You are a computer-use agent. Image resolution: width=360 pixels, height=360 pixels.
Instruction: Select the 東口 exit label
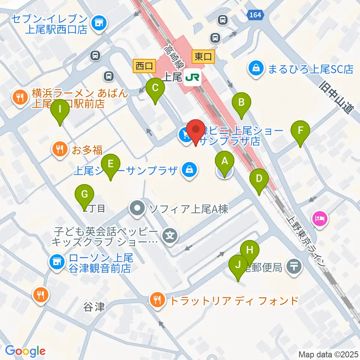pyautogui.click(x=203, y=57)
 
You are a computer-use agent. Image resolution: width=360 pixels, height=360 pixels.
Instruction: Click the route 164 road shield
pyautogui.click(x=256, y=15)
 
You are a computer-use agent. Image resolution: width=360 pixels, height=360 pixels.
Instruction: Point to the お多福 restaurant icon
pyautogui.click(x=60, y=150)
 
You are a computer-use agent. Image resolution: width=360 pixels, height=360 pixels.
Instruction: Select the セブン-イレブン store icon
pyautogui.click(x=99, y=23)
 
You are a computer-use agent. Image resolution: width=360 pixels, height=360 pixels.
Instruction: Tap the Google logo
pyautogui.click(x=25, y=351)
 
